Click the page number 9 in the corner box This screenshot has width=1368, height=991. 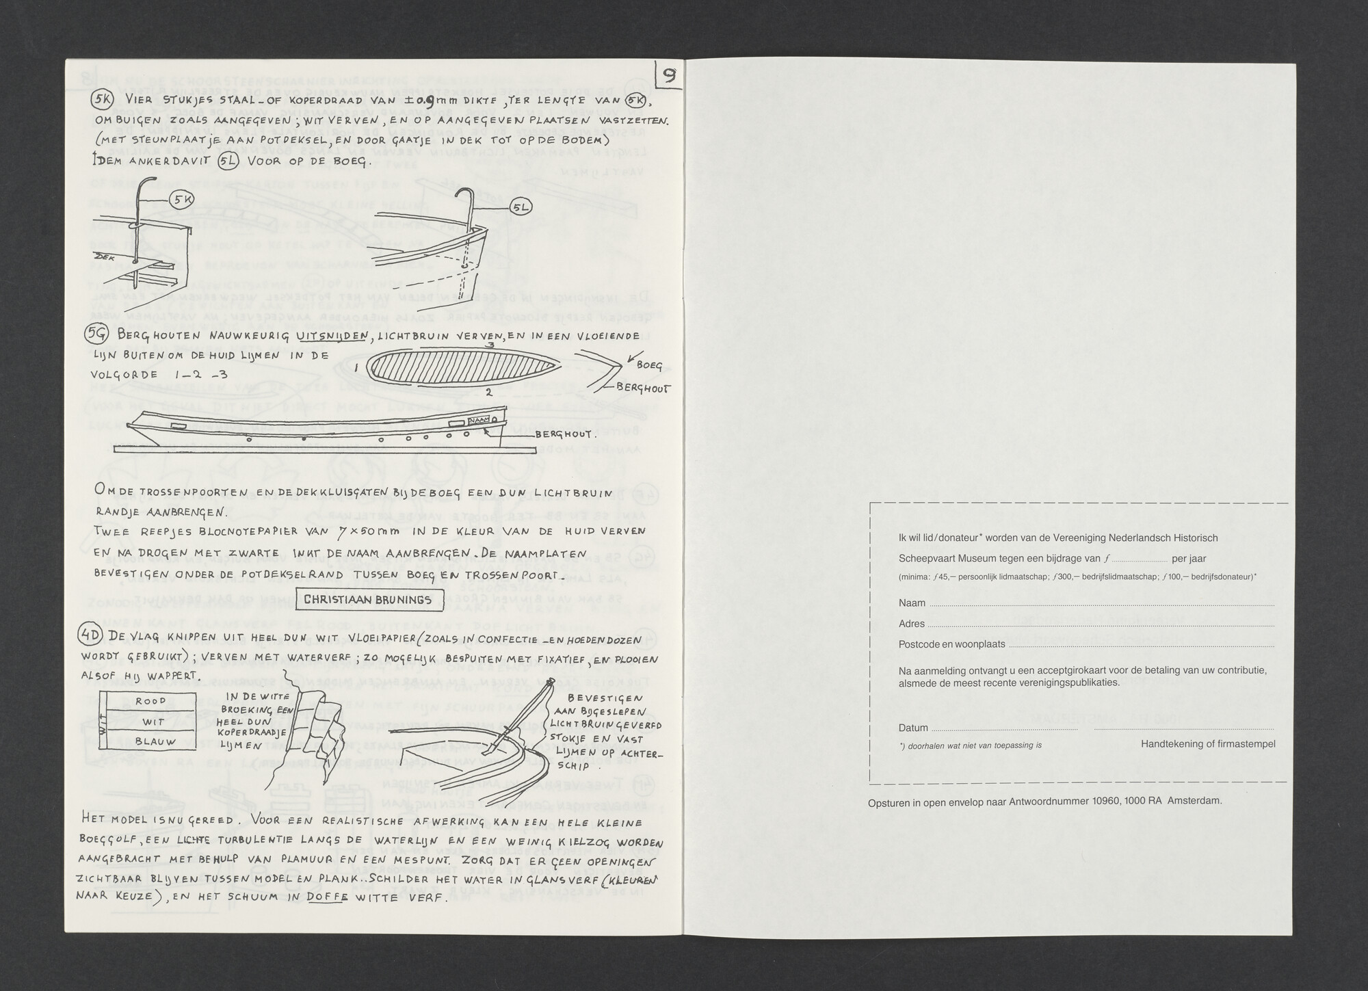[x=670, y=76]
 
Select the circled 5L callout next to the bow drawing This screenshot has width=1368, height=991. [x=519, y=207]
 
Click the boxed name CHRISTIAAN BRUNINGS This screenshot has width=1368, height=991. [x=367, y=599]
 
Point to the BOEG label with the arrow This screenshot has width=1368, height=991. [x=649, y=365]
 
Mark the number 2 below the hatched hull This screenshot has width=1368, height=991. [x=488, y=393]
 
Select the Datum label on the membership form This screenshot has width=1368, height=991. [x=914, y=728]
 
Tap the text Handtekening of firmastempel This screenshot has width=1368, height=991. [x=1207, y=744]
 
